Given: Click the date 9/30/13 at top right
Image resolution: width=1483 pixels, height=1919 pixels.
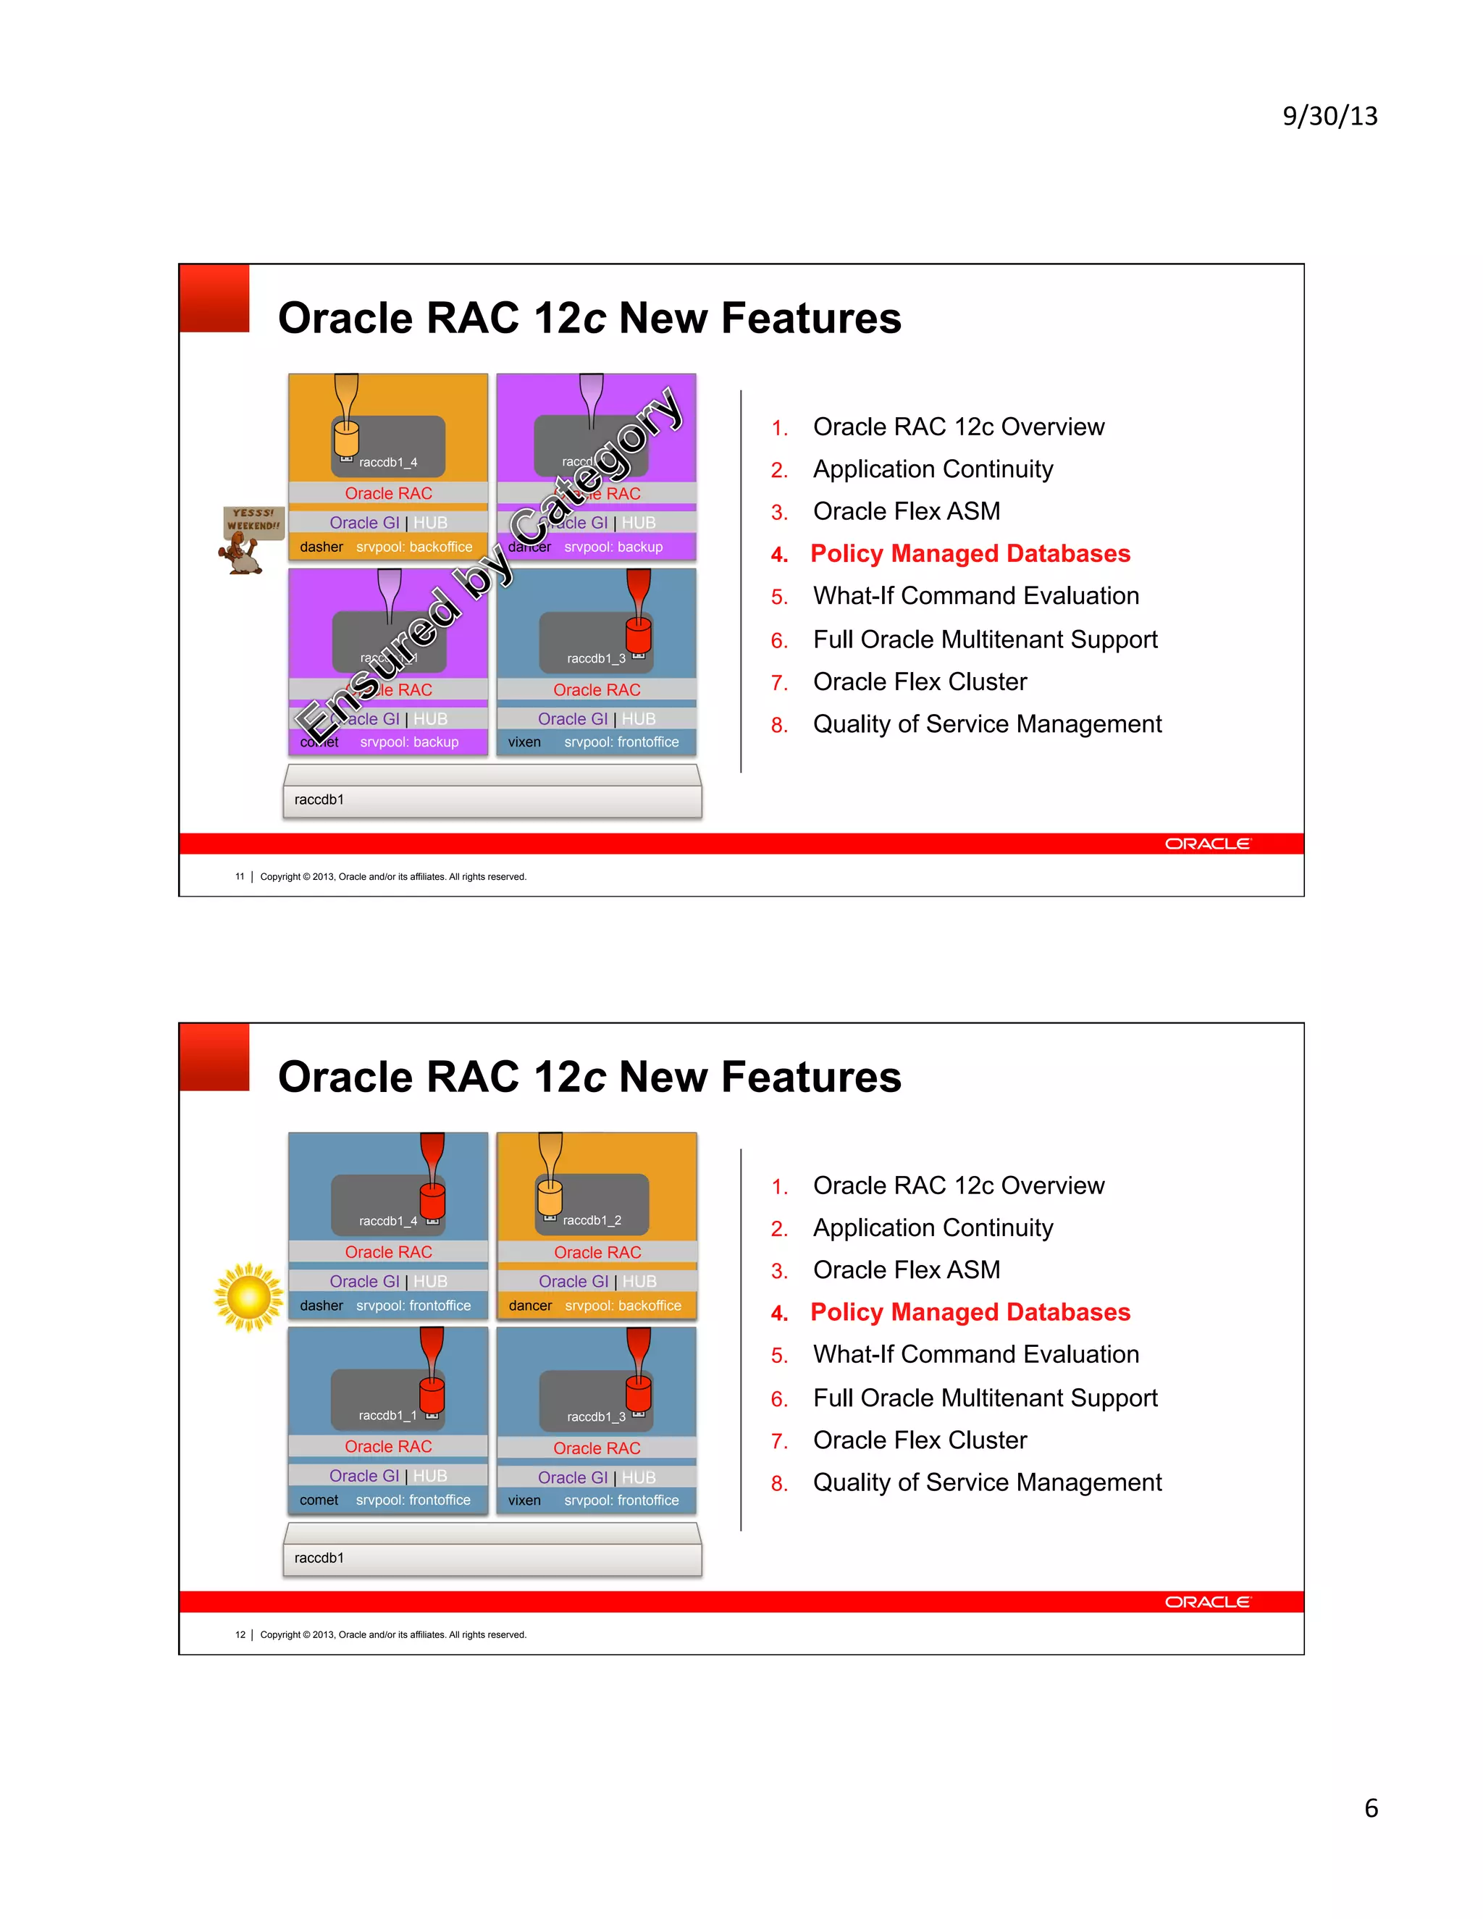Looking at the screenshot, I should click(x=1329, y=116).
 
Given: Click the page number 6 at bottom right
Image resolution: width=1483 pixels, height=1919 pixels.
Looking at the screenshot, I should click(x=1371, y=1807).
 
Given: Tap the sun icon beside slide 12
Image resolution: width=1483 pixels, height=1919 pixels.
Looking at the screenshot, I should click(x=248, y=1297).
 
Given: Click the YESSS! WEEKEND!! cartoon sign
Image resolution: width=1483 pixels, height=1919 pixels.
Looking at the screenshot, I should click(x=252, y=520).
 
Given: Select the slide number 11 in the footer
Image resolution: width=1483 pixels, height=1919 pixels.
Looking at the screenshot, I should click(x=240, y=877).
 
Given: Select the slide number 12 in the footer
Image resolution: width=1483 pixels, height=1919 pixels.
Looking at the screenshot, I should click(x=240, y=1635).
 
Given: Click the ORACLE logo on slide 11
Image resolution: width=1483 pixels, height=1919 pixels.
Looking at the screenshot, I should click(x=1207, y=844).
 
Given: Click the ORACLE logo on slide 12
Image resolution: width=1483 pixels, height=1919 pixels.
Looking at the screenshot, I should click(x=1207, y=1602).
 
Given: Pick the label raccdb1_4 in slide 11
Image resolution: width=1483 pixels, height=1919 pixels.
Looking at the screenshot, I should click(x=387, y=462).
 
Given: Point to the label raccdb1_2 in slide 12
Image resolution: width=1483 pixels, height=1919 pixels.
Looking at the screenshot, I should click(x=592, y=1220).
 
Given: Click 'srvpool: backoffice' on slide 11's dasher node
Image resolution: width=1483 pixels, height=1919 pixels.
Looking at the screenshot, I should click(x=413, y=547).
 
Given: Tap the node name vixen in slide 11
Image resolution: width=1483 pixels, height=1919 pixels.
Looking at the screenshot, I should click(x=524, y=742).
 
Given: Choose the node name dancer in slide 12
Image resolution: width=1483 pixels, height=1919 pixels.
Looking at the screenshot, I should click(x=530, y=1306).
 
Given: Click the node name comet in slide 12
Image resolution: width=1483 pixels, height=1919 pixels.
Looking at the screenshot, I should click(x=318, y=1500).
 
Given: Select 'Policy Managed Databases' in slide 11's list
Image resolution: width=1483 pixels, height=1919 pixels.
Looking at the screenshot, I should click(x=970, y=553).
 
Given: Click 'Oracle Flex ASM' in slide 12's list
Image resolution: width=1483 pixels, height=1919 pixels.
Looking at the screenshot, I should click(x=907, y=1269).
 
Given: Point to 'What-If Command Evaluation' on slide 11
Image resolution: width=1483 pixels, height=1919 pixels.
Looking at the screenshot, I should click(x=976, y=596).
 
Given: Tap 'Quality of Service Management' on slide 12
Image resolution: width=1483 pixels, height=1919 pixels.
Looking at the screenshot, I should click(x=988, y=1482).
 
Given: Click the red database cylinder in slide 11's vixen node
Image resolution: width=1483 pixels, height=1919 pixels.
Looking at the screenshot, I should click(x=639, y=634).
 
